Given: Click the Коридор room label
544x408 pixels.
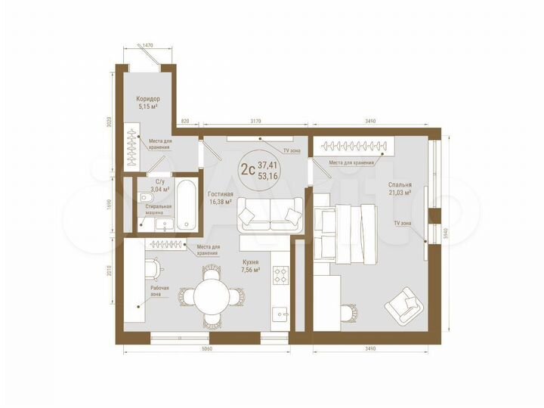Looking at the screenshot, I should coord(148,99).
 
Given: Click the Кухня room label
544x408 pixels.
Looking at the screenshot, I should coord(251,262).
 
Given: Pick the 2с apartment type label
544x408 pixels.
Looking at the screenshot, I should coord(247,169).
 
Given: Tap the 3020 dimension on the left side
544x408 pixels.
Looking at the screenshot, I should coord(109,122).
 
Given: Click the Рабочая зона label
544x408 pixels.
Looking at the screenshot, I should coord(159,290).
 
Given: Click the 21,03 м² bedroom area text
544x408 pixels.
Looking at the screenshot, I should coord(400,192).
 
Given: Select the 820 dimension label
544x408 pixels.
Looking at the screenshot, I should coord(185,120).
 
